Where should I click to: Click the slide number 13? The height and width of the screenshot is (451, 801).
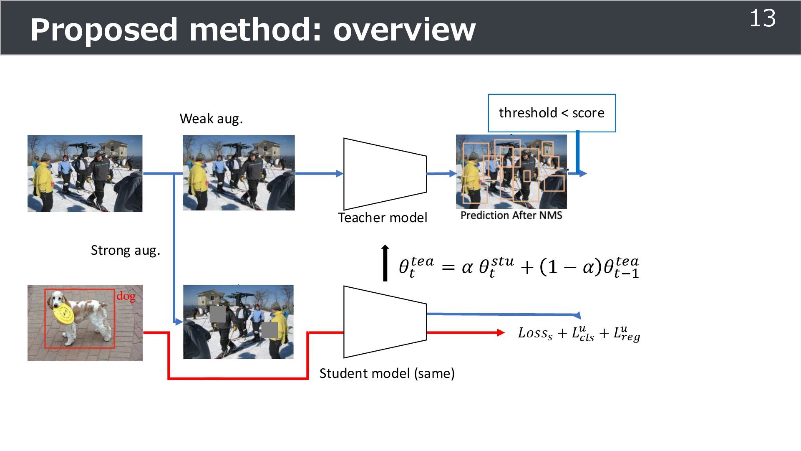[x=762, y=19]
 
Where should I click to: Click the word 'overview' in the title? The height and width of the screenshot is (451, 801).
[x=404, y=30]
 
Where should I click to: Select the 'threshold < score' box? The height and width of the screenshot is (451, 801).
[x=552, y=113]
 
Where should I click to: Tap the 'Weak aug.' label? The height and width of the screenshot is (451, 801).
[x=211, y=119]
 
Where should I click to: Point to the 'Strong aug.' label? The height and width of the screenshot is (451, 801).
[x=126, y=251]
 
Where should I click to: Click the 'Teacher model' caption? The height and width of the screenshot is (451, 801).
[x=382, y=218]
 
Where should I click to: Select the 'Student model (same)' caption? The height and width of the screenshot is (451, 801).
[x=387, y=373]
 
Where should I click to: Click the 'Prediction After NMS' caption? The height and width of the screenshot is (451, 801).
[x=511, y=215]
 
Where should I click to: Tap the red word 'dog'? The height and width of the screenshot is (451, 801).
[x=126, y=296]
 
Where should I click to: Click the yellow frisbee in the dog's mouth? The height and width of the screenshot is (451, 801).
[x=64, y=314]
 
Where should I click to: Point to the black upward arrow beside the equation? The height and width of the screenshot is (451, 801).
[x=385, y=263]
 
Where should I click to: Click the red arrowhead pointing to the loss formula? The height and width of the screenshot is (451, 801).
[x=501, y=333]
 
